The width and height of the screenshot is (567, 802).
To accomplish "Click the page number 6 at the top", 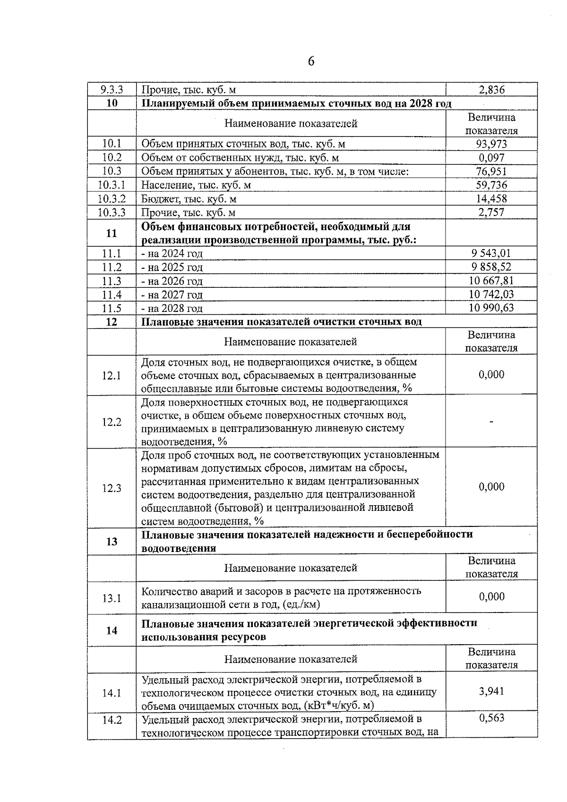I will [x=311, y=61].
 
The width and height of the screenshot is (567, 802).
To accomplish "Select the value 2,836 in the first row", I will [x=491, y=90].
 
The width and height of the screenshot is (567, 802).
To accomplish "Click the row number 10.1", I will [x=112, y=144].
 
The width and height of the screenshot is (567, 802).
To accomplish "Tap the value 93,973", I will [x=491, y=144].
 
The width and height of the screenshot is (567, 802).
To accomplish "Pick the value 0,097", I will [x=491, y=157].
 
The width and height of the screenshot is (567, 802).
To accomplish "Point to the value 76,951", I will [x=491, y=171].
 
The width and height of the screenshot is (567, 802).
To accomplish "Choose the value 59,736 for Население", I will [x=491, y=185].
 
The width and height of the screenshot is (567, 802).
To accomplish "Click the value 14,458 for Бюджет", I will [x=491, y=198].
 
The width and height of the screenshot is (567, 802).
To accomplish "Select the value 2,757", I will [x=491, y=212].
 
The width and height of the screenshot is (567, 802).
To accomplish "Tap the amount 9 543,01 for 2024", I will [x=491, y=253].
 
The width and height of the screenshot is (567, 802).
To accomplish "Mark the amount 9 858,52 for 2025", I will [x=491, y=267].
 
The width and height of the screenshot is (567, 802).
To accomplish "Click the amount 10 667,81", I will [x=491, y=281].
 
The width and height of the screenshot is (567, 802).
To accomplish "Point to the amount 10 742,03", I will [x=491, y=294].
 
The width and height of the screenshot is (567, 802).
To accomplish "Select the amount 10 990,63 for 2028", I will [x=491, y=308].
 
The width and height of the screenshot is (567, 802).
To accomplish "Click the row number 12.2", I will [x=112, y=422].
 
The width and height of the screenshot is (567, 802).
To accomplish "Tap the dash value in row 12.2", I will [x=492, y=422].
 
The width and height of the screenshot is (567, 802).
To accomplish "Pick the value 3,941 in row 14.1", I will [x=491, y=691].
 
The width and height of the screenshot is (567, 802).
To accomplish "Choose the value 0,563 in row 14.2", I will [x=491, y=718].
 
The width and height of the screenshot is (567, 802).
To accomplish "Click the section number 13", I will [x=112, y=542].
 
